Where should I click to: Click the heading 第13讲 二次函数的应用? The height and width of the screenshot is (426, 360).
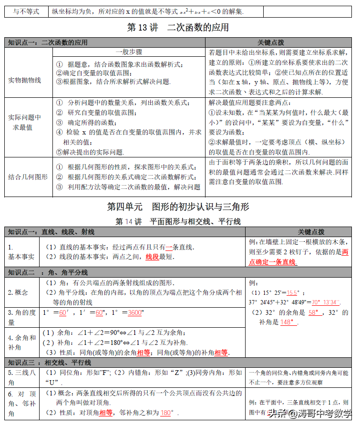[177, 28]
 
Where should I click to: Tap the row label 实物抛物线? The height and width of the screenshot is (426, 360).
[24, 80]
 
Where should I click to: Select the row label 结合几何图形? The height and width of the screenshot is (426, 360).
[28, 177]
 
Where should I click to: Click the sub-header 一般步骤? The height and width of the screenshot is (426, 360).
[129, 52]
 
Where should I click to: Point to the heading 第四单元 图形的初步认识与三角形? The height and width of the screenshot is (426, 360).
[178, 207]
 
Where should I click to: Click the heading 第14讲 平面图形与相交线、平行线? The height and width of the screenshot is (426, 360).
[178, 221]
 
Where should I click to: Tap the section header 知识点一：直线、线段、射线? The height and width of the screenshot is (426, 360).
[51, 232]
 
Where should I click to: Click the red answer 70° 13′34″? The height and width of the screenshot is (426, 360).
[326, 302]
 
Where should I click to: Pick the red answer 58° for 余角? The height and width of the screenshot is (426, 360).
[315, 312]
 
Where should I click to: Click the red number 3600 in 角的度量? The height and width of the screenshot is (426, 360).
[135, 312]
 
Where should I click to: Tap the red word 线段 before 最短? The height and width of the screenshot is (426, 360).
[152, 257]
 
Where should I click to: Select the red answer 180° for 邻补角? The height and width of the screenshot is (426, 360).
[166, 413]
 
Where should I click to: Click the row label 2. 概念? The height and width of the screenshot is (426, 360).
[18, 292]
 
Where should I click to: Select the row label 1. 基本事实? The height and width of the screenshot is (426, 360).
[21, 252]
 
